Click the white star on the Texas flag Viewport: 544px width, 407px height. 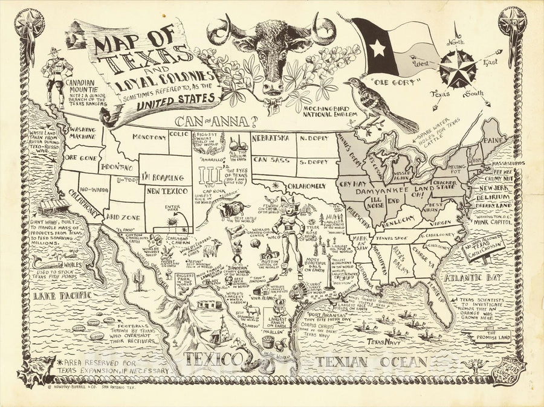378,47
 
